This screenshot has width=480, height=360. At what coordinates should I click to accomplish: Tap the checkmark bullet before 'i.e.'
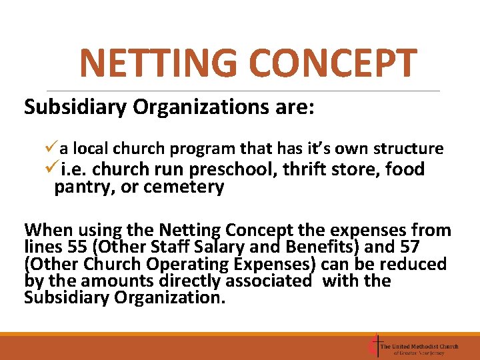53,169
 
